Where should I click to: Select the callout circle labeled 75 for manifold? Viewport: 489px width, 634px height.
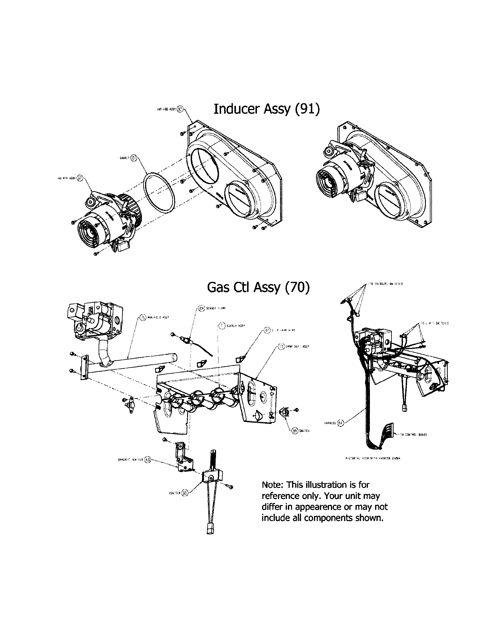pyautogui.click(x=142, y=318)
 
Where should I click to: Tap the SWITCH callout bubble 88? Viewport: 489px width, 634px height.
pyautogui.click(x=295, y=431)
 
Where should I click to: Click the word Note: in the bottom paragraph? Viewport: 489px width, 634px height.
pyautogui.click(x=272, y=484)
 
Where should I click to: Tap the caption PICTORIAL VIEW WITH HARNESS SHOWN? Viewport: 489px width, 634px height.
pyautogui.click(x=373, y=458)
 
